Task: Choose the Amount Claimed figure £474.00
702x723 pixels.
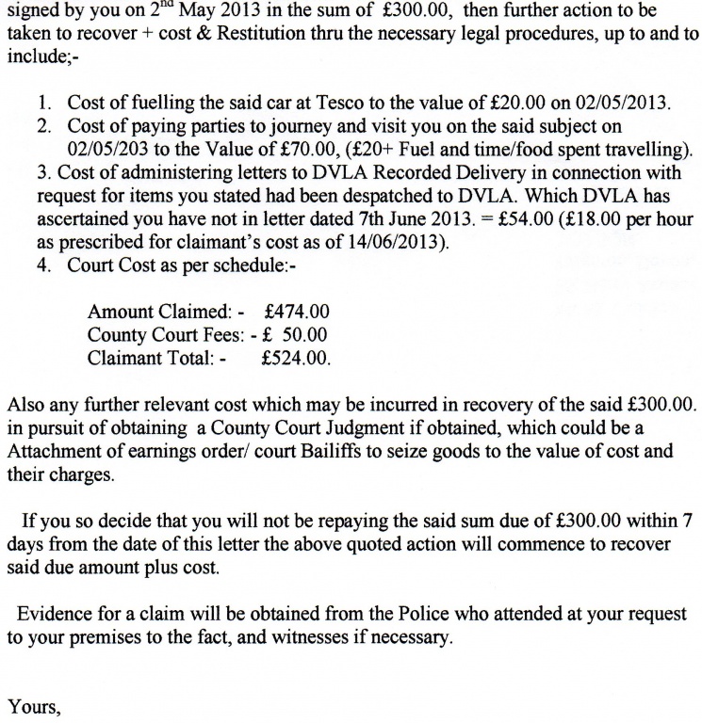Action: pyautogui.click(x=298, y=312)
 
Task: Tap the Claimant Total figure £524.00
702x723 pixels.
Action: pyautogui.click(x=296, y=358)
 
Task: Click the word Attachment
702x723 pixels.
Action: pyautogui.click(x=53, y=451)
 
